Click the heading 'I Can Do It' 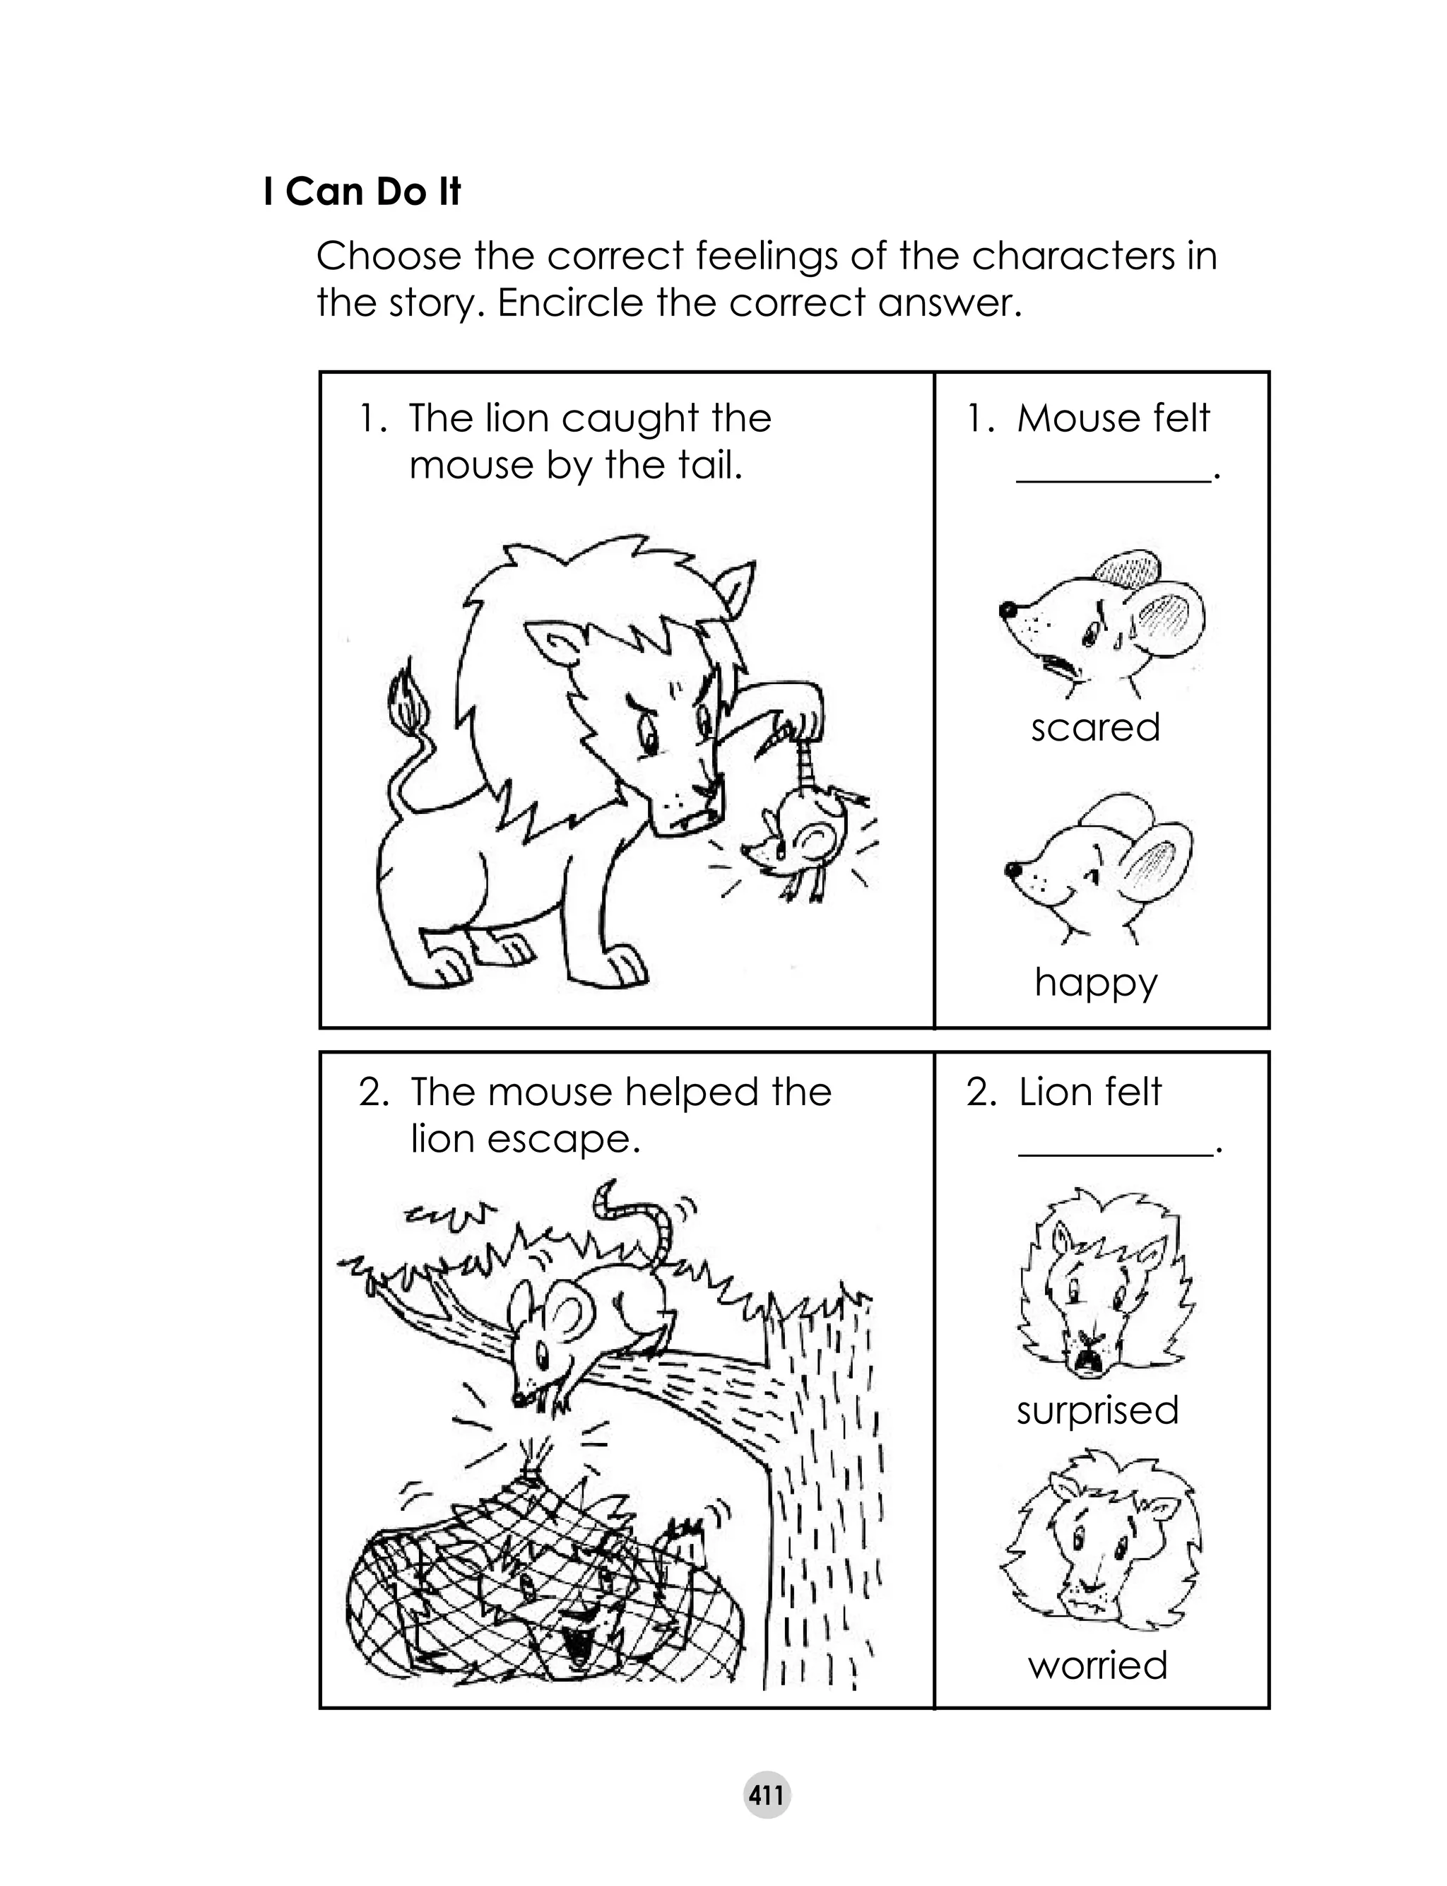[362, 192]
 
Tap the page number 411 [766, 1796]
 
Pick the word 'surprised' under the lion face [1097, 1410]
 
